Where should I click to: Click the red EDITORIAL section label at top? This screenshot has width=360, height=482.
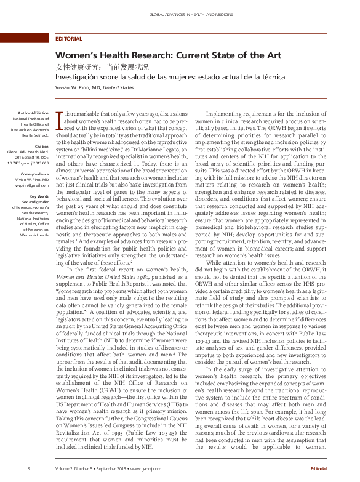68,39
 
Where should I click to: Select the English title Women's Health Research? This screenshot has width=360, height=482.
168,55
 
